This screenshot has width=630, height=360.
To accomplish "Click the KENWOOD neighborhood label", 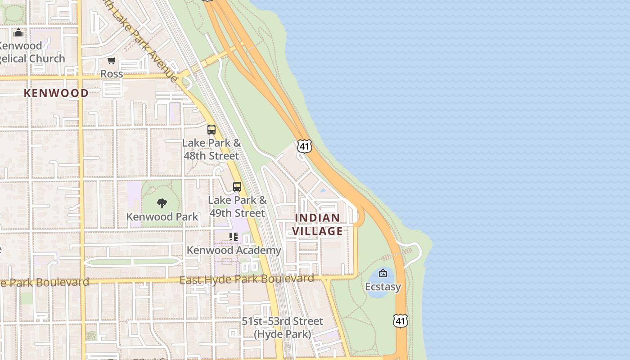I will [x=56, y=93].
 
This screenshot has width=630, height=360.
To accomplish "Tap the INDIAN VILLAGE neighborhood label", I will [x=317, y=225].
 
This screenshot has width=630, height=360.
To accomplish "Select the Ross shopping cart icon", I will [x=112, y=61].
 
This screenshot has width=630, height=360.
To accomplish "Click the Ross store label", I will [x=112, y=74].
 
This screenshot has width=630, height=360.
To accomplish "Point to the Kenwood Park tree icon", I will [x=162, y=203].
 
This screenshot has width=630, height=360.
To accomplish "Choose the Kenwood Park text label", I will [x=162, y=216].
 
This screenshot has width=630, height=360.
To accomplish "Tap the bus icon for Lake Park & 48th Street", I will [x=211, y=130].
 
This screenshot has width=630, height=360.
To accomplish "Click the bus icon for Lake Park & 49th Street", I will [x=237, y=187].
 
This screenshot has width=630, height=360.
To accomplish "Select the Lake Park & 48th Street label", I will [x=211, y=149].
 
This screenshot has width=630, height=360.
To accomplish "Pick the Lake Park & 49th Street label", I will [x=237, y=207].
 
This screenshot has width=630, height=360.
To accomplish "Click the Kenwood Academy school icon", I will [x=234, y=237].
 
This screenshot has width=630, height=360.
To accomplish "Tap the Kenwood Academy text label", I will [x=234, y=250].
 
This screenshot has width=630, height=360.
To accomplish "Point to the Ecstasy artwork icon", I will [x=383, y=273].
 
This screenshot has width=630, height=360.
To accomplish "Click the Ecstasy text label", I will [x=383, y=287].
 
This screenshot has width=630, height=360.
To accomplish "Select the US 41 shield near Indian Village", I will [x=304, y=146].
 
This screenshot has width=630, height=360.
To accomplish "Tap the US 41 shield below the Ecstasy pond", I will [x=400, y=321].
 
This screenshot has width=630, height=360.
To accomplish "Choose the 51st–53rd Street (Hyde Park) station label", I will [x=282, y=328].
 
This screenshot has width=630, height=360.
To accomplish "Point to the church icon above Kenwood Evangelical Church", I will [x=18, y=32].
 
